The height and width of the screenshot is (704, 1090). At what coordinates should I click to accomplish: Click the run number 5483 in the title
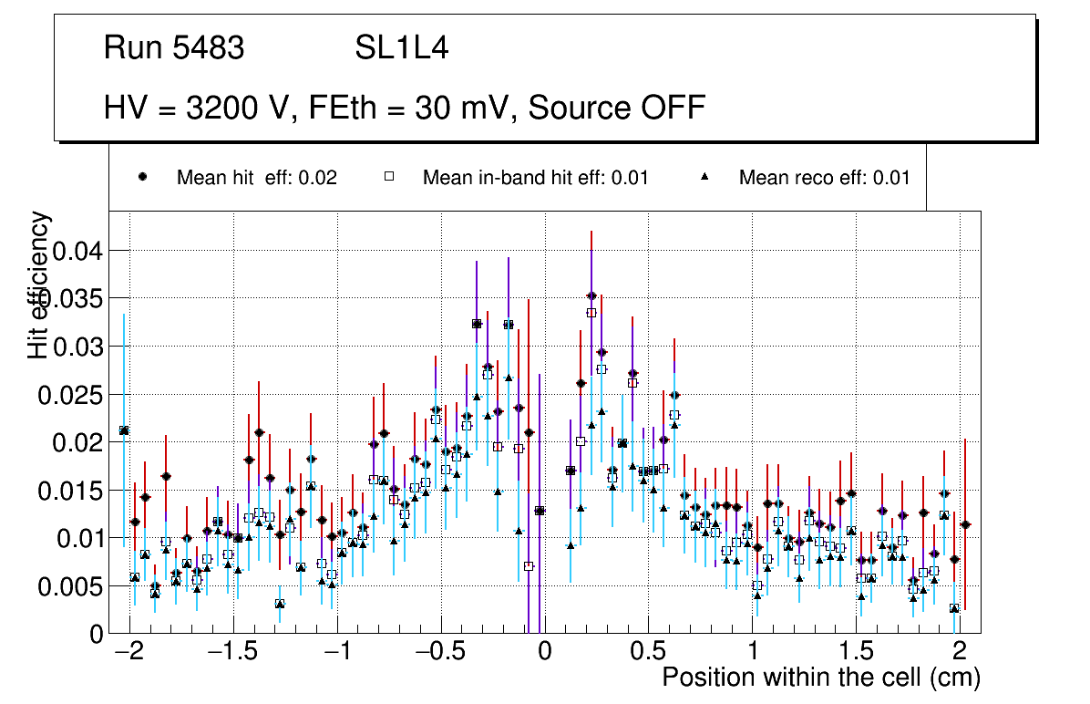tap(211, 48)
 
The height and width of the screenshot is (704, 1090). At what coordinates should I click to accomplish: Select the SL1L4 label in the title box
tap(402, 48)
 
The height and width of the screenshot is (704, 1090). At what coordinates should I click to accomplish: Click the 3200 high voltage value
tap(221, 108)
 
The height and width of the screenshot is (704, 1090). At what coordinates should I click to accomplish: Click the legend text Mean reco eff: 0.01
tap(824, 178)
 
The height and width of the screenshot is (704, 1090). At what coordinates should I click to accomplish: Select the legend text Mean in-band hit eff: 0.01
tap(535, 178)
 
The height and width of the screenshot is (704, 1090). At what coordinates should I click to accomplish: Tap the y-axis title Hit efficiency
tap(40, 285)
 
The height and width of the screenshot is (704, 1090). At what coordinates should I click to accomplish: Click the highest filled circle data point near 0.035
tap(591, 295)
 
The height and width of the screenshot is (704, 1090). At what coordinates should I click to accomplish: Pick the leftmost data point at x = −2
tap(124, 430)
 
